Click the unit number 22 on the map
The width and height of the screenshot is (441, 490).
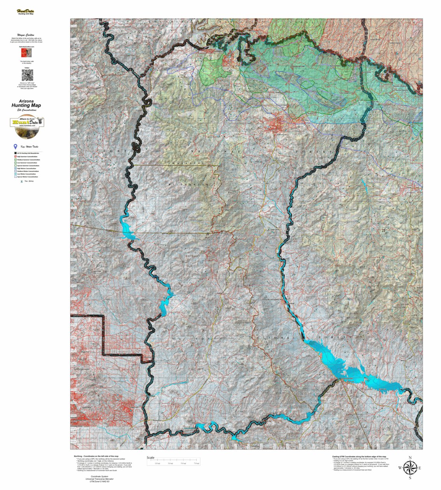208,234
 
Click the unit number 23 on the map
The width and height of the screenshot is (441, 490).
383,231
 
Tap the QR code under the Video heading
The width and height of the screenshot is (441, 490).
27,75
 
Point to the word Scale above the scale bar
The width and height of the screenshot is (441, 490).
150,458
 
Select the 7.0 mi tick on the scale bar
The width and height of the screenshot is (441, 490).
196,463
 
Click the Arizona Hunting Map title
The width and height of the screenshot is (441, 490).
26,104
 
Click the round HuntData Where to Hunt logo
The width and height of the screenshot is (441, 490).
27,128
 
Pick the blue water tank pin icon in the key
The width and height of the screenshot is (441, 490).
15,147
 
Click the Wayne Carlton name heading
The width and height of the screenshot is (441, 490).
26,35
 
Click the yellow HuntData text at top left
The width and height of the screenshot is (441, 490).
25,11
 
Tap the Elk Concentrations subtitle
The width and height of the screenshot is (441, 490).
26,110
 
